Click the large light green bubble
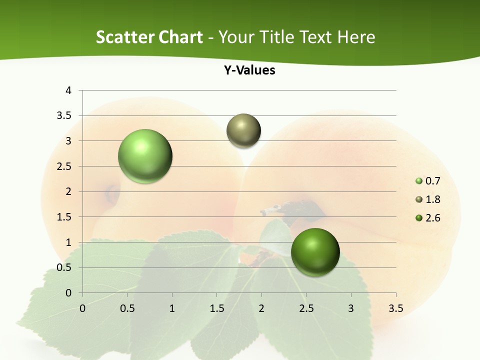tap(145, 156)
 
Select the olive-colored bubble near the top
tap(243, 130)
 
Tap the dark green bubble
tap(315, 252)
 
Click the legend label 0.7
tap(432, 181)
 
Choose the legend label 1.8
tap(432, 199)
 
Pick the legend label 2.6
tap(432, 218)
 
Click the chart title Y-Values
tap(249, 70)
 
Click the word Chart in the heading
tap(181, 37)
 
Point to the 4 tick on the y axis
tap(68, 90)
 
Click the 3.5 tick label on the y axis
tap(64, 115)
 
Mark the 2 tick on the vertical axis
tap(68, 191)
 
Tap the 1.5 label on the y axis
tap(64, 217)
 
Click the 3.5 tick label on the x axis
tap(396, 308)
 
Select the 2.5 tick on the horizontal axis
tap(306, 308)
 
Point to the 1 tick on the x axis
tap(172, 308)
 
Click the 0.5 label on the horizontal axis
tap(127, 308)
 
